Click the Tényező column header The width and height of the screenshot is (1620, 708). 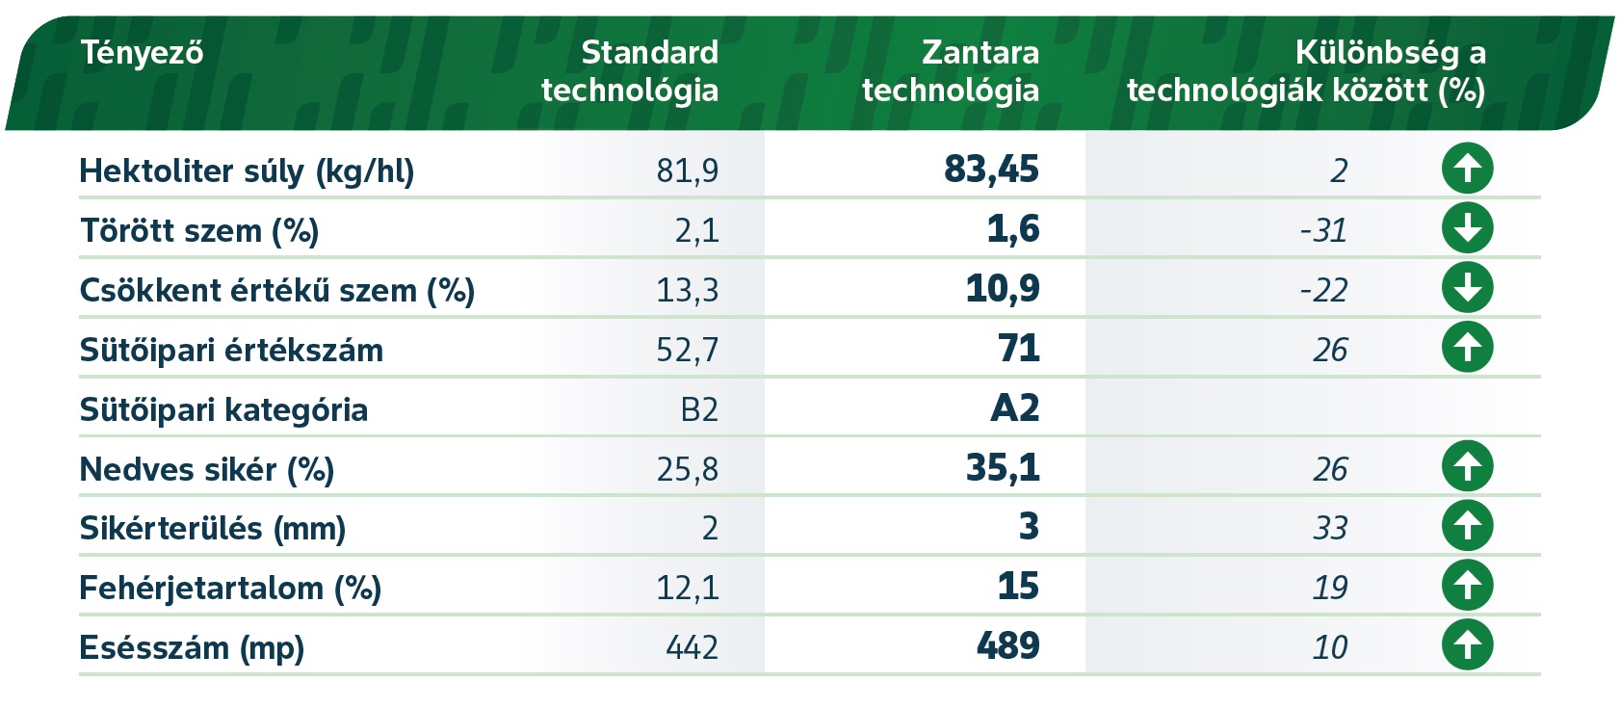point(142,52)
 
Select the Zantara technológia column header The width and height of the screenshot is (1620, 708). point(951,71)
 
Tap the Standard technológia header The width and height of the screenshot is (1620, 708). point(630,71)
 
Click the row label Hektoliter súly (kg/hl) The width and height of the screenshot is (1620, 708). point(247,171)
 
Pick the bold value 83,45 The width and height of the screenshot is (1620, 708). point(991,170)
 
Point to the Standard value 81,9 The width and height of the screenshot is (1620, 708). point(687,171)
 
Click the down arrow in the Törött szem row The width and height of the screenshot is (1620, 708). point(1467,228)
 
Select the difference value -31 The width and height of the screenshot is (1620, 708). point(1323,230)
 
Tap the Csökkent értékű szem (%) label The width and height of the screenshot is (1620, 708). point(277,291)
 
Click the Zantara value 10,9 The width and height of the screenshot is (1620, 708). point(1003,289)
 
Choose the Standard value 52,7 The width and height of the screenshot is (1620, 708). point(687,350)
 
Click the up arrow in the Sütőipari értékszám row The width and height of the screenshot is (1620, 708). point(1467,348)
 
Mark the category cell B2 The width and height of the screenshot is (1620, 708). point(699,409)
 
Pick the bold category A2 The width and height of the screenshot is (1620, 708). point(1015,408)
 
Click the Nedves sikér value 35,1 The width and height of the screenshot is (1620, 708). point(1003,468)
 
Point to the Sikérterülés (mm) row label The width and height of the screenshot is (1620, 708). point(213,529)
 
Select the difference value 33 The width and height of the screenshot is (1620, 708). point(1330,528)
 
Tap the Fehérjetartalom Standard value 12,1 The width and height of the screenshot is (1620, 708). point(687,588)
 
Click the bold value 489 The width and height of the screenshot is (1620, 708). point(1007,645)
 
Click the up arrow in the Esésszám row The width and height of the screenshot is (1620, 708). point(1467,644)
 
